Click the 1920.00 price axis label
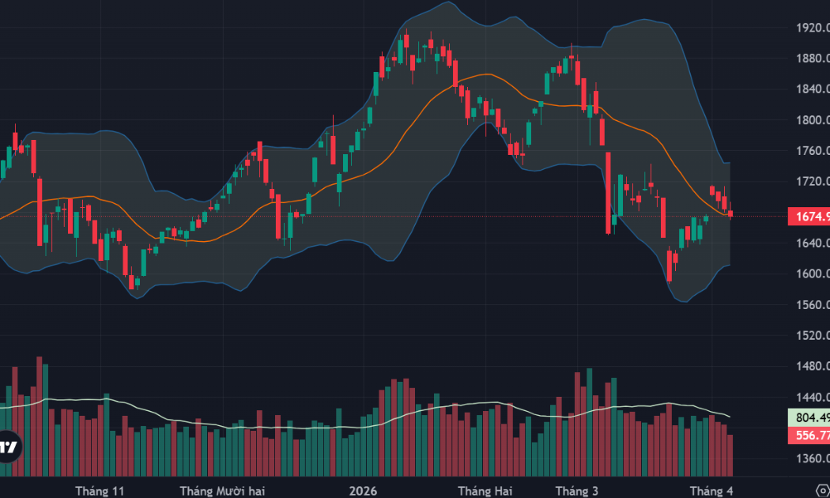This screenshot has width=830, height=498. (810, 28)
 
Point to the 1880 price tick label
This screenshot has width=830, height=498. (810, 58)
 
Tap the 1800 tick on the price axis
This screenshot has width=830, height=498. (810, 120)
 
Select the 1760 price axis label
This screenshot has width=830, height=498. (810, 151)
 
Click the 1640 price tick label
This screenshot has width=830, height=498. (810, 243)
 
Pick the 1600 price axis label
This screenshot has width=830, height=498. (810, 274)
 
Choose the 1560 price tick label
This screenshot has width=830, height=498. (810, 305)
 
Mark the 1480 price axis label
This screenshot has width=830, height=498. (810, 367)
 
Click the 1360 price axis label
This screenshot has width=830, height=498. (810, 459)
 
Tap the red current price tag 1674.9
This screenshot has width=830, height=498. (809, 217)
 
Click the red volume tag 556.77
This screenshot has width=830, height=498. (809, 436)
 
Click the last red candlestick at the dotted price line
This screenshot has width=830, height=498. (730, 213)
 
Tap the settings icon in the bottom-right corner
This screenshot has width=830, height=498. (822, 484)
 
